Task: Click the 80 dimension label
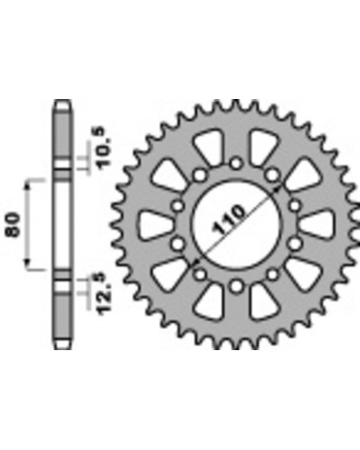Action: tap(13, 225)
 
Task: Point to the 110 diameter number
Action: tap(229, 220)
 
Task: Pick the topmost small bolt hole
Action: tap(237, 164)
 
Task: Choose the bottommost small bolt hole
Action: tap(237, 285)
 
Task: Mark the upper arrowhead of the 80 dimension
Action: tap(28, 186)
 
